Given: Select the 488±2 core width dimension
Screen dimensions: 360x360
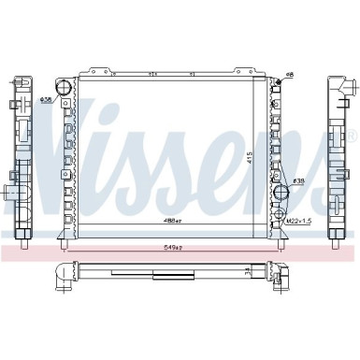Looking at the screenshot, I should coord(173,222).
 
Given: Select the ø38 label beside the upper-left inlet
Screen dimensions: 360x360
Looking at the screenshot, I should coord(46,98).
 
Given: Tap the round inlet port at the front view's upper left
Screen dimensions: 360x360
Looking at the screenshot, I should coord(65,89).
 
